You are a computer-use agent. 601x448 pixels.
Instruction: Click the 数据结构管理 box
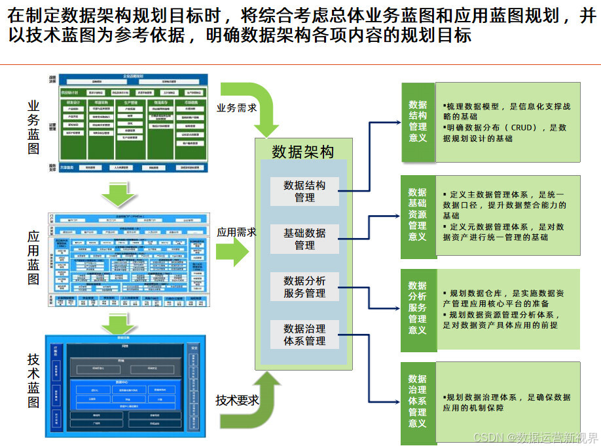(x=304, y=191)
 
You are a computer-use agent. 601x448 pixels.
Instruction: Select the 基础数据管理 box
(x=304, y=239)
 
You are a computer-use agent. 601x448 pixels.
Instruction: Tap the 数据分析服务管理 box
(x=304, y=287)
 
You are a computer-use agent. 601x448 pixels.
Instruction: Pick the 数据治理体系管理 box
(x=304, y=334)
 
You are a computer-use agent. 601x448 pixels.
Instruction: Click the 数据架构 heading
(x=302, y=152)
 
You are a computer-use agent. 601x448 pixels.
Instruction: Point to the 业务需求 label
(x=237, y=108)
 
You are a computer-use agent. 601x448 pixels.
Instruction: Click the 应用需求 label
(x=236, y=232)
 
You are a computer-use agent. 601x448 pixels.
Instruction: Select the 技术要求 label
(x=237, y=399)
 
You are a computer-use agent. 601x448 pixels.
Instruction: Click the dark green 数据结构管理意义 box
(x=418, y=121)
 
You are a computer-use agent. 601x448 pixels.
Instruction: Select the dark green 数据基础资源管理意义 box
(x=418, y=214)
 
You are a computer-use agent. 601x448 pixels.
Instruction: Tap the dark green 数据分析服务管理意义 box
(x=418, y=308)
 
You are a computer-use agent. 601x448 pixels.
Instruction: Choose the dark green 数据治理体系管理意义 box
(x=418, y=400)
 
